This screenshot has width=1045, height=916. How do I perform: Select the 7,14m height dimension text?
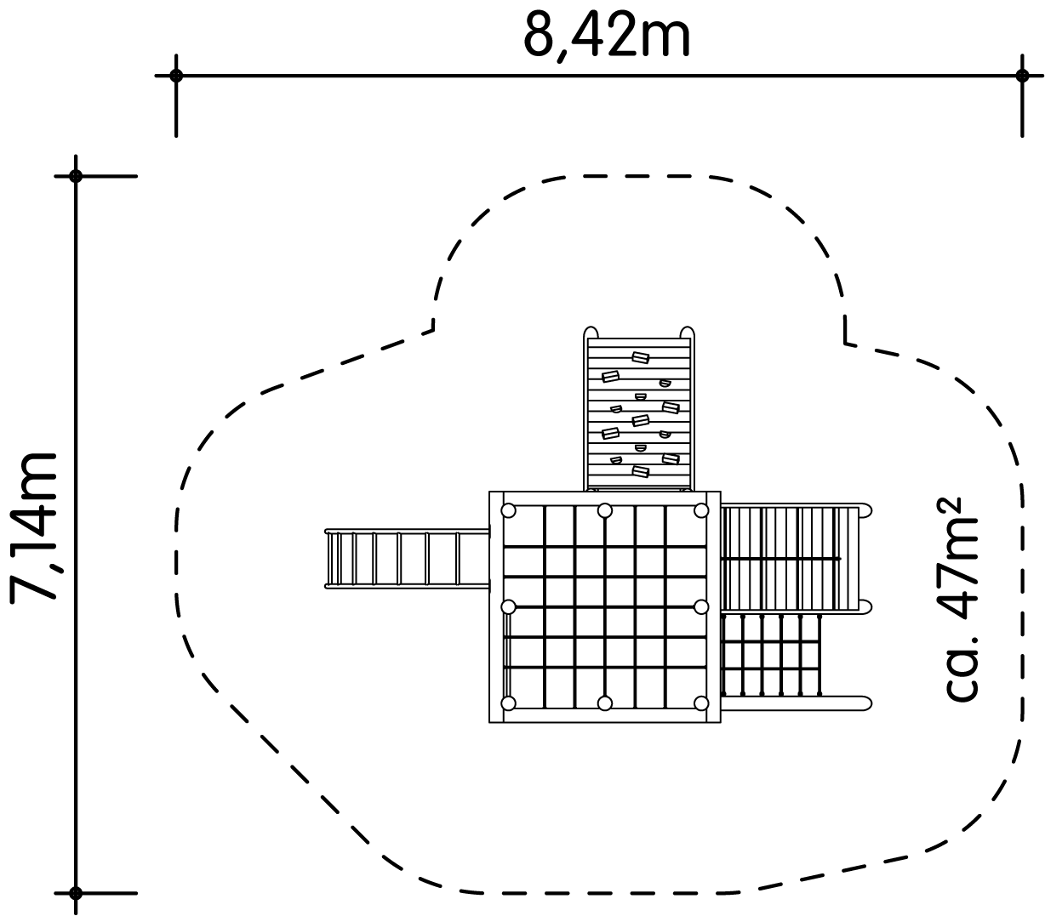pyautogui.click(x=33, y=527)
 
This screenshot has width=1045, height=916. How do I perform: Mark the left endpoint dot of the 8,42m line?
pyautogui.click(x=176, y=76)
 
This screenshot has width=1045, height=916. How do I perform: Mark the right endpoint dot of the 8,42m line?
pyautogui.click(x=1022, y=76)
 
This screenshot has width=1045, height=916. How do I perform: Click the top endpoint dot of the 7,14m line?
pyautogui.click(x=76, y=176)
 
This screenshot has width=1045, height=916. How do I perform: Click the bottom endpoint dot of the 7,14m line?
pyautogui.click(x=76, y=893)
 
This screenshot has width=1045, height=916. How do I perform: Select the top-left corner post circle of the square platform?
pyautogui.click(x=508, y=510)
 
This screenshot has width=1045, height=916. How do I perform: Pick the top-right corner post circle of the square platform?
pyautogui.click(x=701, y=510)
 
